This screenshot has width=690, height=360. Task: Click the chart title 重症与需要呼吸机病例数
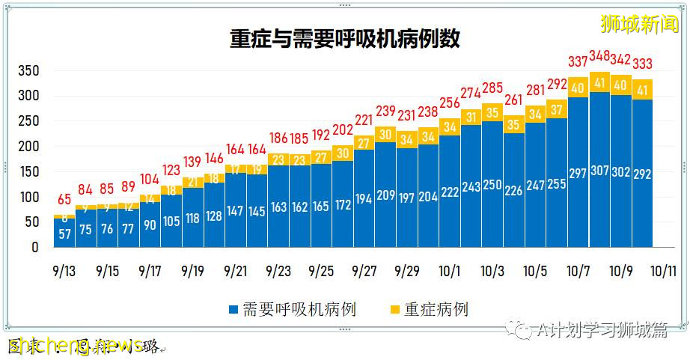click(344, 39)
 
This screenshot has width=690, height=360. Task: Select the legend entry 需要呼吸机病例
click(292, 308)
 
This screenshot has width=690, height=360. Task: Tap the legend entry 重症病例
click(430, 308)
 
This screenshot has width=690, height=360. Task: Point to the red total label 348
click(599, 56)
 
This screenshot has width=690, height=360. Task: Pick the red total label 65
click(64, 200)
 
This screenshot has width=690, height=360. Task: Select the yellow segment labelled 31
click(471, 117)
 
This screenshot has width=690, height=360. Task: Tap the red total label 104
click(150, 179)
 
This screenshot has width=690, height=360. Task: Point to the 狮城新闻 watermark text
click(641, 24)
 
